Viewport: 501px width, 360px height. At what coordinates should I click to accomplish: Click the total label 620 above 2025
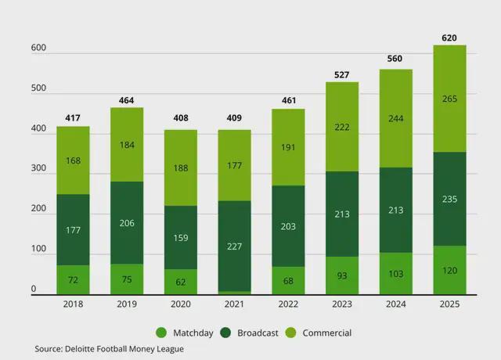pyautogui.click(x=449, y=37)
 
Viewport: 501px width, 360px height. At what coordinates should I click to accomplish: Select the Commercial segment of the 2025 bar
pyautogui.click(x=449, y=99)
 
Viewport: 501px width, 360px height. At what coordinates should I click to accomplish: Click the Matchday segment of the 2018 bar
pyautogui.click(x=73, y=279)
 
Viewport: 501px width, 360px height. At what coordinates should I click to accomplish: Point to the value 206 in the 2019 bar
pyautogui.click(x=127, y=223)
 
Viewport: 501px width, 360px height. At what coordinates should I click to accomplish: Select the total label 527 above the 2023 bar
pyautogui.click(x=342, y=74)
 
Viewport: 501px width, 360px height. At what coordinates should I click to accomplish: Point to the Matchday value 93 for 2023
pyautogui.click(x=342, y=275)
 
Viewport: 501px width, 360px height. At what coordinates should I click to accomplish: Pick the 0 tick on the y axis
pyautogui.click(x=34, y=290)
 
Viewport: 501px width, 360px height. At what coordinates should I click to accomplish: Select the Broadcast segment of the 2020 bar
pyautogui.click(x=180, y=237)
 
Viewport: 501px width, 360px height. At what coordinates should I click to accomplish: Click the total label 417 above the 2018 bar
pyautogui.click(x=73, y=119)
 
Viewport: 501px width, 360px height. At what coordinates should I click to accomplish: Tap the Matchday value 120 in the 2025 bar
pyautogui.click(x=449, y=270)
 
